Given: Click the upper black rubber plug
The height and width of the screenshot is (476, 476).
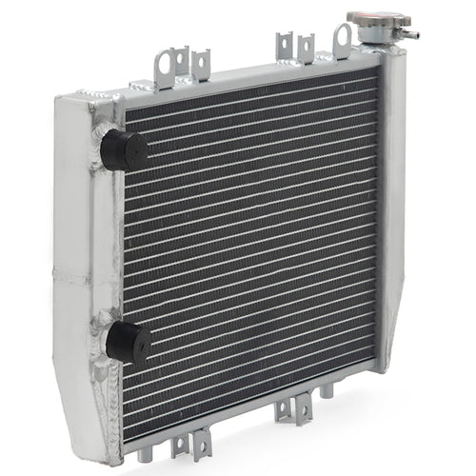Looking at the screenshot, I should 125,149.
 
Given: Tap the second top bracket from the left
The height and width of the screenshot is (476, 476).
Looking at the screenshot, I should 200,65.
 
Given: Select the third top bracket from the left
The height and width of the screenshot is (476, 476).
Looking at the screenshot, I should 283,47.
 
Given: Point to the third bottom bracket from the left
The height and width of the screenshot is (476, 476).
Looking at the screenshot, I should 283,409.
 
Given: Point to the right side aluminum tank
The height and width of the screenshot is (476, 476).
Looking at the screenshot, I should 391,209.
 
